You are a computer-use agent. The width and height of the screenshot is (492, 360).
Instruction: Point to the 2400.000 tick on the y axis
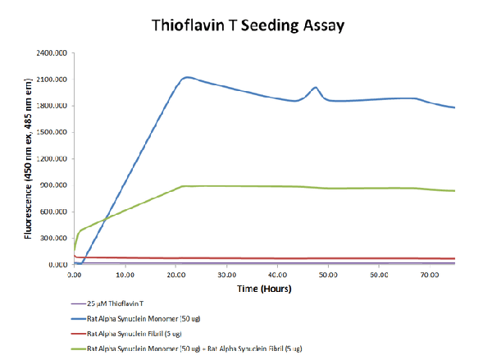coord(50,53)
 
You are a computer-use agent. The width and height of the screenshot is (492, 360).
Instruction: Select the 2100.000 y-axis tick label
coord(50,80)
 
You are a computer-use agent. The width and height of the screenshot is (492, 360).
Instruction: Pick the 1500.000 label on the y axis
coord(50,133)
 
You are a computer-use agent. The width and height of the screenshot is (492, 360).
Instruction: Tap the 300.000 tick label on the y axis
coord(52,239)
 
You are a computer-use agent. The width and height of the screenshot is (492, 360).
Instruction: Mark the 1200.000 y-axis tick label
coord(50,159)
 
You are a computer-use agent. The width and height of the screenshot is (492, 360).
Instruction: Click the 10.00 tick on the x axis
coord(125,276)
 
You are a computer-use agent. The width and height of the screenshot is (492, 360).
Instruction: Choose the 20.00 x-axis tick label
coord(175,276)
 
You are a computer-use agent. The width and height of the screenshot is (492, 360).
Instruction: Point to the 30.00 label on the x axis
coord(226,276)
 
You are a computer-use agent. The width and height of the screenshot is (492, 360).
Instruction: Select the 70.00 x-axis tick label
coord(429,276)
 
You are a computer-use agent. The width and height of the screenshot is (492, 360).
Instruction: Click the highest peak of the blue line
coord(188,77)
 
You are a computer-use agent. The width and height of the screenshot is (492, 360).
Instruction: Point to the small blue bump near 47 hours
coord(316,87)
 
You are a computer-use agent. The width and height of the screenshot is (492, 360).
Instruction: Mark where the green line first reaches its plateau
coord(182,186)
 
